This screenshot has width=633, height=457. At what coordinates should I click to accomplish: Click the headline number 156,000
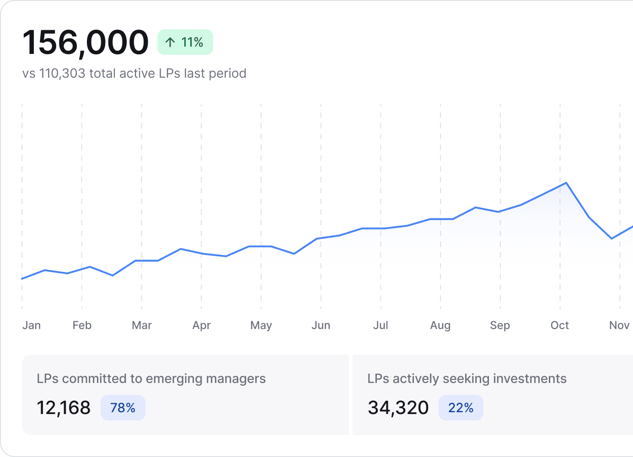click(x=86, y=43)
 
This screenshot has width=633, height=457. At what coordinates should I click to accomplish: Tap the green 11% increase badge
click(x=185, y=42)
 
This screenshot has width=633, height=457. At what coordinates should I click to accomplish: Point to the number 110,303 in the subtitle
click(x=62, y=74)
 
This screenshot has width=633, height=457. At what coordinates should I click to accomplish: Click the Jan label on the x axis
click(x=32, y=325)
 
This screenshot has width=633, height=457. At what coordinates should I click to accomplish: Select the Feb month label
click(x=82, y=325)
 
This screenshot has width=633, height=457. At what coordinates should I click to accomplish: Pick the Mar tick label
click(x=142, y=325)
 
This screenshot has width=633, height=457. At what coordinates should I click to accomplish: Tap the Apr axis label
click(x=202, y=325)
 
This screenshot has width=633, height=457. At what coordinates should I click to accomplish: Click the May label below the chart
click(x=261, y=325)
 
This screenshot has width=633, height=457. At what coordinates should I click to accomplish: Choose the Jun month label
click(x=321, y=325)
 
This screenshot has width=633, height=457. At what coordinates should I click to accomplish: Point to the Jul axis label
click(x=381, y=325)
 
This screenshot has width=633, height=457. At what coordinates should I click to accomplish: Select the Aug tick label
click(x=440, y=325)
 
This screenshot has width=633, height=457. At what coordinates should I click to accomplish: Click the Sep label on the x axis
click(x=500, y=325)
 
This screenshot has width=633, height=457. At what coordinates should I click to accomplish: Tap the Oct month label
click(x=560, y=325)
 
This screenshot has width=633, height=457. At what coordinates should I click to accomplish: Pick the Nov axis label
click(x=619, y=325)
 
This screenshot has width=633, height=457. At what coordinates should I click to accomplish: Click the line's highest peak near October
click(x=566, y=183)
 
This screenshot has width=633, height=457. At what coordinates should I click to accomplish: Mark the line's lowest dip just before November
click(x=612, y=239)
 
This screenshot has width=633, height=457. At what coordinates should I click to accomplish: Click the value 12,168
click(x=64, y=408)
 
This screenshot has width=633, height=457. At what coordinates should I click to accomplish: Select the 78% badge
click(x=123, y=408)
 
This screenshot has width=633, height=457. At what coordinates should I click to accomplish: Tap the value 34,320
click(x=398, y=408)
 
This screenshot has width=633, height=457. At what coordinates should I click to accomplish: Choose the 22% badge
click(x=461, y=408)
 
